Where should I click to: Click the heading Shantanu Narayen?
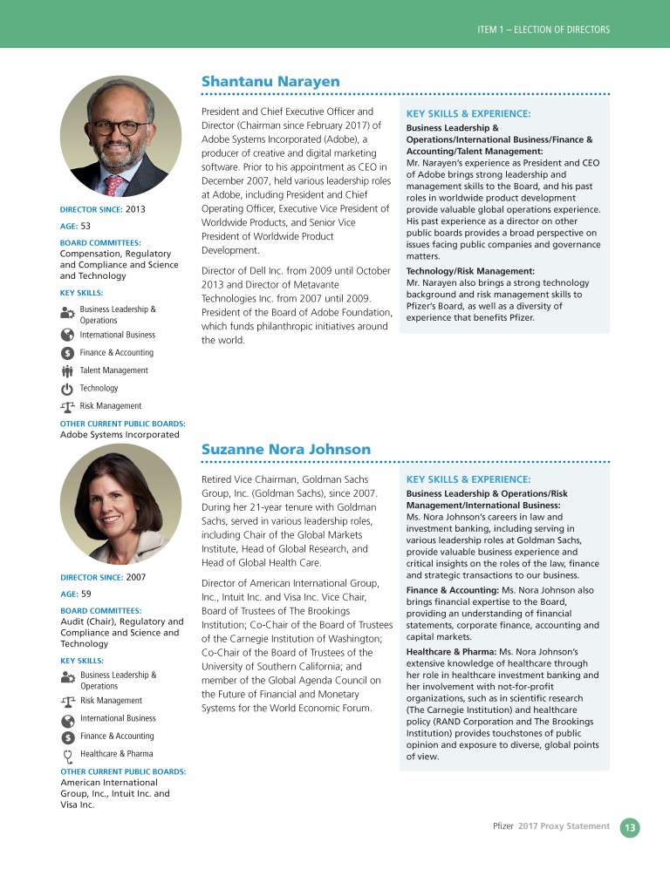click(x=270, y=81)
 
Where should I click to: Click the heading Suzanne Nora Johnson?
click(x=286, y=449)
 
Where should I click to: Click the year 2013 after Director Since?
click(x=135, y=209)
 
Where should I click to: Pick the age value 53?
click(x=85, y=226)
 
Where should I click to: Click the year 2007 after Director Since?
click(x=135, y=577)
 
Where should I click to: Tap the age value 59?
click(x=85, y=594)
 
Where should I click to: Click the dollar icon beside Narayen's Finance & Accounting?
click(x=67, y=353)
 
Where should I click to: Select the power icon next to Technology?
click(x=67, y=389)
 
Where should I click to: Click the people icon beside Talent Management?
click(x=67, y=370)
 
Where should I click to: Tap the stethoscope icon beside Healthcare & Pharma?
click(x=67, y=754)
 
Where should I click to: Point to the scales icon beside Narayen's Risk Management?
click(x=67, y=406)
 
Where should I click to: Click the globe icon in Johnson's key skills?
click(x=67, y=719)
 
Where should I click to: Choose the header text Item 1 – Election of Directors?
click(x=543, y=30)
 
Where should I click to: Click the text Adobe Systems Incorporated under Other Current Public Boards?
click(x=120, y=434)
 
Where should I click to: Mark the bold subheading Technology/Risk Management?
click(x=470, y=272)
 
